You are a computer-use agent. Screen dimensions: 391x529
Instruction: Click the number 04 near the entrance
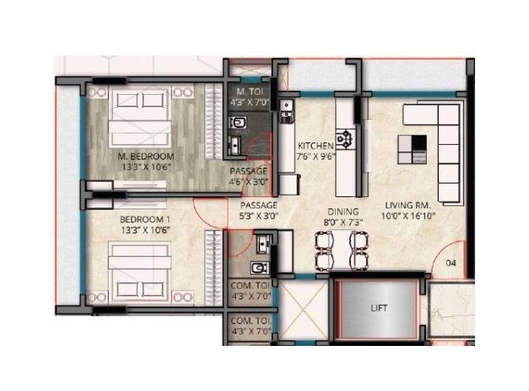(x=451, y=262)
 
